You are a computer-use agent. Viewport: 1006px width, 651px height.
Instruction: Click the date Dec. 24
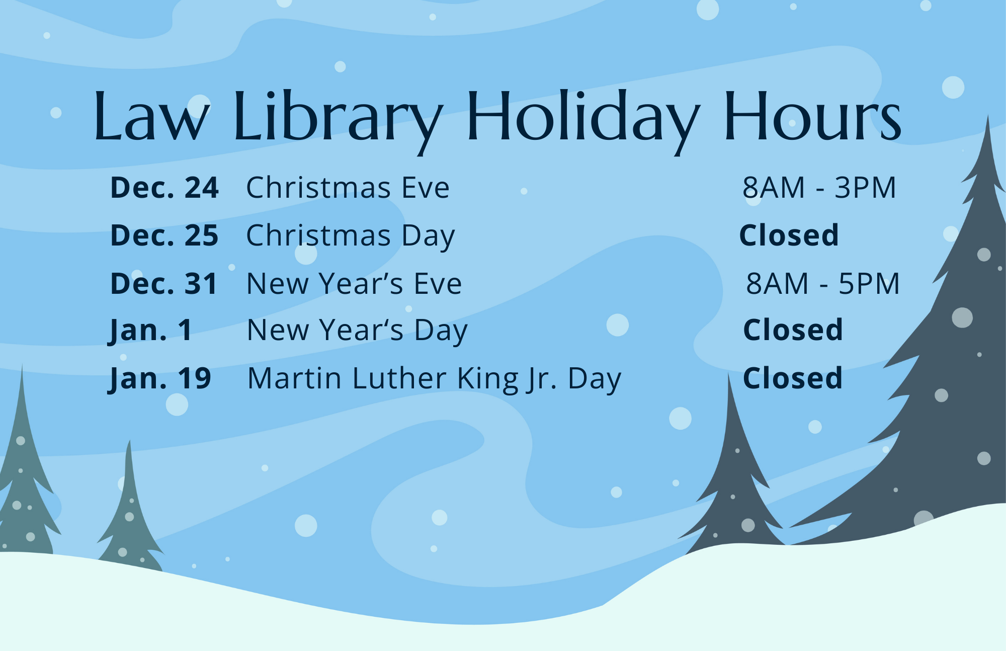(x=164, y=188)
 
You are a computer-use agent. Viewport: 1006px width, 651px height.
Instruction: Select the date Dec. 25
(x=164, y=235)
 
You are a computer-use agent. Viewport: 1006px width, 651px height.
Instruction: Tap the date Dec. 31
(x=163, y=283)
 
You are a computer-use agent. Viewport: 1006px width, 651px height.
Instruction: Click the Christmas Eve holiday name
(x=348, y=188)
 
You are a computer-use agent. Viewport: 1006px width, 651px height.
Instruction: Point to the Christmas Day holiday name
(x=351, y=236)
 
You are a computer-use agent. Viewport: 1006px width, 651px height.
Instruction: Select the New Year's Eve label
(x=354, y=283)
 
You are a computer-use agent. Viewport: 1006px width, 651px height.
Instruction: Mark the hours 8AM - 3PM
(x=819, y=188)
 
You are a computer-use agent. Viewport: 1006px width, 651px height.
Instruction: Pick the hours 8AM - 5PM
(x=823, y=283)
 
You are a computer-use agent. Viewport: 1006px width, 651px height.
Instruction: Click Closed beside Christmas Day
(x=789, y=235)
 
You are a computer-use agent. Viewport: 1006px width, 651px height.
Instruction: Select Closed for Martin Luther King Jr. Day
(x=793, y=378)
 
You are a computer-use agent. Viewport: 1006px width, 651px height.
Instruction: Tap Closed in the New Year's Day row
(x=793, y=330)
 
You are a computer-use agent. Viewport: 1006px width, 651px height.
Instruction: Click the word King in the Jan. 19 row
(x=488, y=380)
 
